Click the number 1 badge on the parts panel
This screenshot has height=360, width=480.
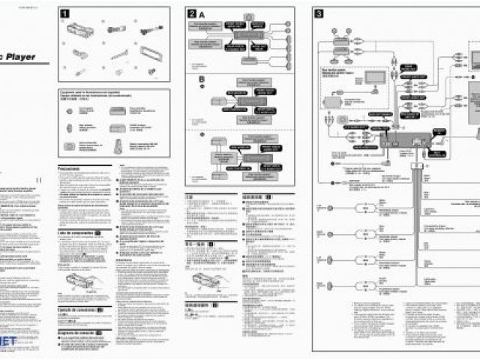65,13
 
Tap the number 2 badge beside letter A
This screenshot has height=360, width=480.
192,13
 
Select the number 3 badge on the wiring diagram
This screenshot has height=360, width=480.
319,13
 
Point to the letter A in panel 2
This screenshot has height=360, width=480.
202,13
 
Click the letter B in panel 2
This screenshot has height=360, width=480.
201,78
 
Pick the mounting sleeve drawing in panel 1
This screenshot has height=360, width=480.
79,30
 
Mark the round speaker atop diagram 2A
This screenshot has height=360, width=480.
248,16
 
